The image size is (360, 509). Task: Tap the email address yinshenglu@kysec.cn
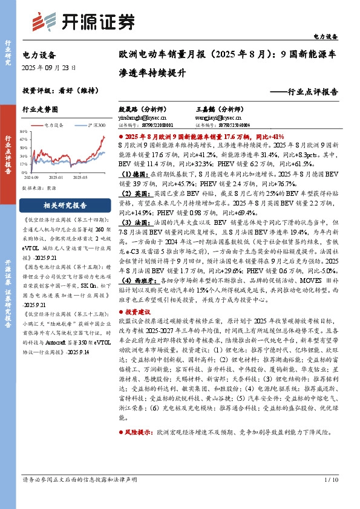click(139, 118)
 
